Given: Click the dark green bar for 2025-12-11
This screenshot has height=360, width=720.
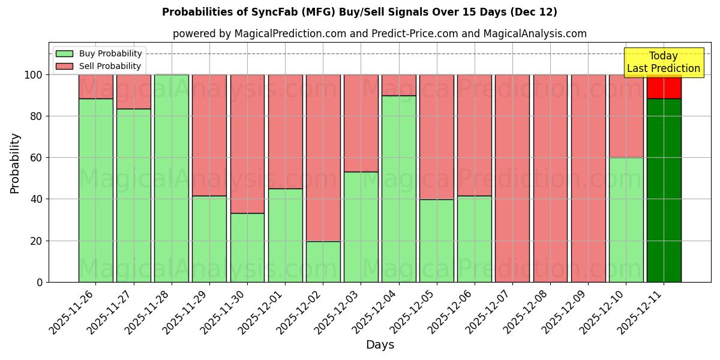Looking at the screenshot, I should pos(664,190).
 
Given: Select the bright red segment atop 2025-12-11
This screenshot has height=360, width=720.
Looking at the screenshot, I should pos(664,88).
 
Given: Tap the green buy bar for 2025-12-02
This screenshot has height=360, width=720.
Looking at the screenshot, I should pos(323,262).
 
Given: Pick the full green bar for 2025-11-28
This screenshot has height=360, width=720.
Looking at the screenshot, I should pos(171,178).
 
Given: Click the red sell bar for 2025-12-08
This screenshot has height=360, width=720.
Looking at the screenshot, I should pos(550,178).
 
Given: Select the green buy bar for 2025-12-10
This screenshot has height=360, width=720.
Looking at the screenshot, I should pos(626,220).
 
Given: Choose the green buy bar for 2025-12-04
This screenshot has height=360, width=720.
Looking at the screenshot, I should pos(398,188).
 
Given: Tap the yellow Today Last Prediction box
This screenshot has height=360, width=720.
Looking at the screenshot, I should pos(663,62).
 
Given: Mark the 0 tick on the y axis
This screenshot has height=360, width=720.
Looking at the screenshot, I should pos(40,282).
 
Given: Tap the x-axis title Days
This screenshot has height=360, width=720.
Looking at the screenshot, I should pos(380,345).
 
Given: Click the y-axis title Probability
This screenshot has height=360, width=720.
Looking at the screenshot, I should pos(15,163).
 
